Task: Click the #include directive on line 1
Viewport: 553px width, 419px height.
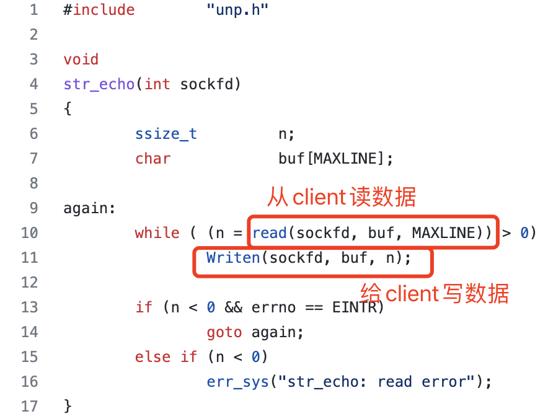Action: [99, 10]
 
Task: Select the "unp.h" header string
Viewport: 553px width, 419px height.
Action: [237, 10]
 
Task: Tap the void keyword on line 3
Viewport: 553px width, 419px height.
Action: [81, 60]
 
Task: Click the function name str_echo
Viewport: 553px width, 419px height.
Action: [99, 84]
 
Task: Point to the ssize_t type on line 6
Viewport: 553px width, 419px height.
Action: [166, 134]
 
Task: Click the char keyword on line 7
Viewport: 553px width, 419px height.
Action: [153, 159]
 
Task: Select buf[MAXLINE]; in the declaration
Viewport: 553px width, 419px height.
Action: [335, 159]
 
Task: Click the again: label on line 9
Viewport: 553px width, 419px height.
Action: [89, 208]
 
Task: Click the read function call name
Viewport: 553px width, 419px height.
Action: [269, 233]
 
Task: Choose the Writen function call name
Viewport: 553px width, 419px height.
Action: [233, 258]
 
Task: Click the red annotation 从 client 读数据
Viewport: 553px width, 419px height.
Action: [342, 198]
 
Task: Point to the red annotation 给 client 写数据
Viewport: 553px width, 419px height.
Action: [435, 293]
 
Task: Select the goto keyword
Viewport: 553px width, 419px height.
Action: [224, 332]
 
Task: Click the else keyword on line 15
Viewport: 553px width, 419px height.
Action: [153, 357]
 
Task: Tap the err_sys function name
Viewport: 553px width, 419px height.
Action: [237, 382]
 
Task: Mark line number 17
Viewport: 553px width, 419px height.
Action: [29, 407]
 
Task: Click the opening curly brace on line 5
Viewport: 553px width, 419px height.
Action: [68, 109]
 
